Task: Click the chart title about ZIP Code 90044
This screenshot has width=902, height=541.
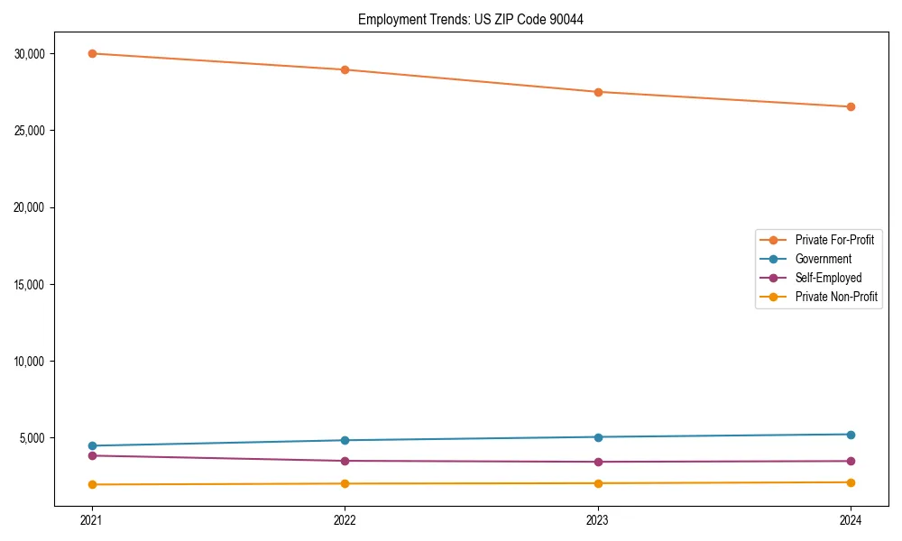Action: coord(470,19)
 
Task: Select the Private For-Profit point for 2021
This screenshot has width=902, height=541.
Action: coord(92,53)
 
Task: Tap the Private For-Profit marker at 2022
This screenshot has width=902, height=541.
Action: coord(345,69)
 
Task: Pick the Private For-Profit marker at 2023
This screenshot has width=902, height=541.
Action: coord(598,92)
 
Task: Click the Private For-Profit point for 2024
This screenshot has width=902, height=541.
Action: coord(851,106)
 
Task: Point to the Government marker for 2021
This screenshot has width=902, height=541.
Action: coord(92,445)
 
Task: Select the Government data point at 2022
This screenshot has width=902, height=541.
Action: coord(345,440)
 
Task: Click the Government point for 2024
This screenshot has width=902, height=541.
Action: coord(851,435)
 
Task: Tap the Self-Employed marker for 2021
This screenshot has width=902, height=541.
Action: coord(92,455)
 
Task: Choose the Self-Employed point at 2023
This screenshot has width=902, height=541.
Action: coord(598,462)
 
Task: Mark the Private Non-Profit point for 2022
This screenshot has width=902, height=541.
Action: coord(345,483)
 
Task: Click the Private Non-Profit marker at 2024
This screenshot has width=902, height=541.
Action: coord(851,482)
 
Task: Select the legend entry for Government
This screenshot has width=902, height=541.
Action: coord(823,259)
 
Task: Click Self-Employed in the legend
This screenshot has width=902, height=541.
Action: coord(828,278)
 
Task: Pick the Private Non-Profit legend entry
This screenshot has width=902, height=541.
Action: coord(836,297)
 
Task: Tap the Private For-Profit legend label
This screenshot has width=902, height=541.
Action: coord(834,240)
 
